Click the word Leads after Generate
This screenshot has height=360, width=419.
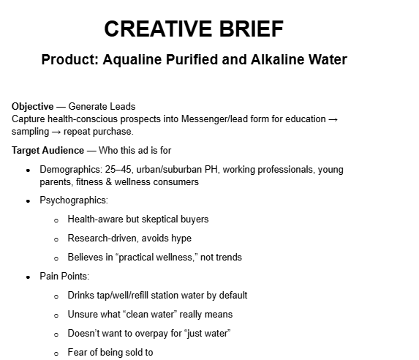125,107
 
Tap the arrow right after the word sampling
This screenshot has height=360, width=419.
53,132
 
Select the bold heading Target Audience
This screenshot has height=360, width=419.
48,151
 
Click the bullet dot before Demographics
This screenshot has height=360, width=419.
28,170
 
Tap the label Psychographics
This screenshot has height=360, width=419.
72,200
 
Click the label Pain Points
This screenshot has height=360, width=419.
64,277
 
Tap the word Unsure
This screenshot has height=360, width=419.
83,315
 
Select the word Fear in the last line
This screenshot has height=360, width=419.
78,353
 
